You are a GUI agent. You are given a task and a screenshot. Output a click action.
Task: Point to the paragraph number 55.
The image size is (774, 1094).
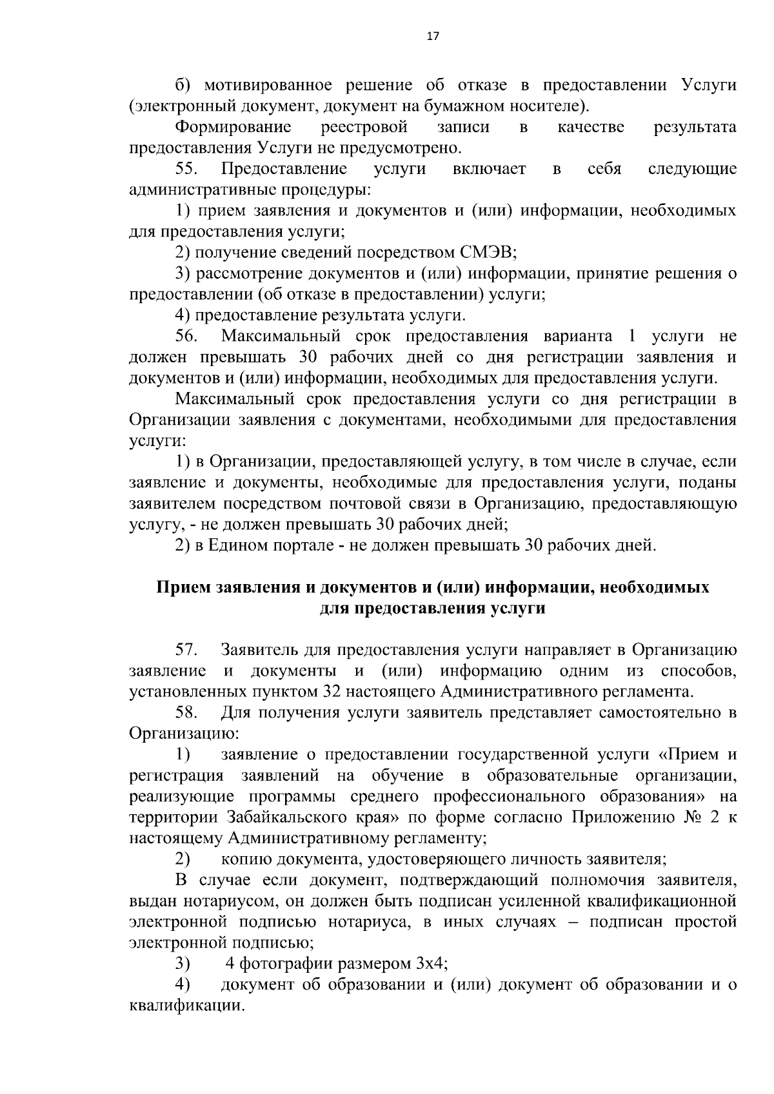188,169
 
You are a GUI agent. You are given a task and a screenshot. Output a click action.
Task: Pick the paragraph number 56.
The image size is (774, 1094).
188,337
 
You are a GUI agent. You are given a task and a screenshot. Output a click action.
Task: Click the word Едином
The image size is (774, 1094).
244,545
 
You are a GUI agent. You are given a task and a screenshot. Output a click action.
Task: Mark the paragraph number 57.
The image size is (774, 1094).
188,650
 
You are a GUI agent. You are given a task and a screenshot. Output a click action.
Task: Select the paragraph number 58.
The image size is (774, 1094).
188,712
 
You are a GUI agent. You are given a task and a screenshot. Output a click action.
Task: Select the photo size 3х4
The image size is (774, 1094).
428,964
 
